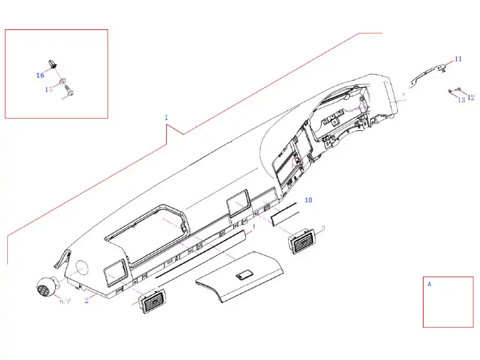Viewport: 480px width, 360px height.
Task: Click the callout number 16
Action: [40, 76]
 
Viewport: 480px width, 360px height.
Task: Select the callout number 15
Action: [49, 89]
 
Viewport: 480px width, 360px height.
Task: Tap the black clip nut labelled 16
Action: [52, 62]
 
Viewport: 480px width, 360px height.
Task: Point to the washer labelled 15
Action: [62, 81]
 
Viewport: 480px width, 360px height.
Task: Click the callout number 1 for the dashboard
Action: [166, 118]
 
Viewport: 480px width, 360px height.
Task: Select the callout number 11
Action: [458, 59]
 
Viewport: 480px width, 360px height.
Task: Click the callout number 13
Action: [461, 100]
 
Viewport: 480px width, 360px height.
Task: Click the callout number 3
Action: [323, 228]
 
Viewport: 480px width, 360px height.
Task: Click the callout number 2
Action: [86, 300]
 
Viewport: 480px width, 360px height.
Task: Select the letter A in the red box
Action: [429, 284]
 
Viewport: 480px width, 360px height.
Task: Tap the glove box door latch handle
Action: [244, 275]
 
